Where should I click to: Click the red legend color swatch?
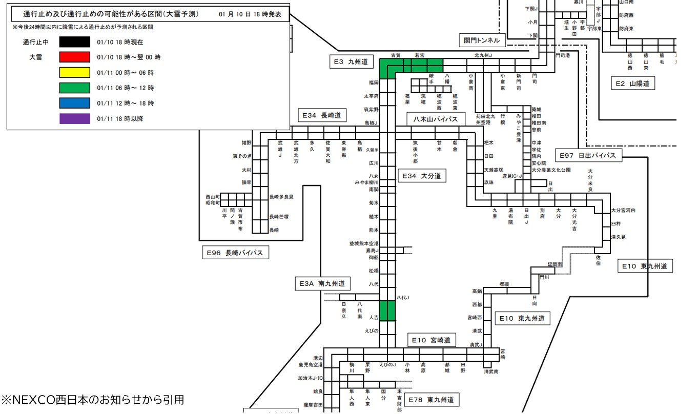click(x=75, y=57)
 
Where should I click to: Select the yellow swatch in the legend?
click(x=75, y=73)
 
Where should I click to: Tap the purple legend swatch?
click(x=75, y=119)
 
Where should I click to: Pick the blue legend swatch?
click(x=75, y=103)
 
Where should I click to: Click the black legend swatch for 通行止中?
click(x=75, y=42)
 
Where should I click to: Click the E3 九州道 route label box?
click(x=352, y=62)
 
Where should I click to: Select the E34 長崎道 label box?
click(x=321, y=115)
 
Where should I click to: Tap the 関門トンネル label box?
click(x=482, y=40)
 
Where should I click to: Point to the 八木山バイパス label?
click(x=436, y=119)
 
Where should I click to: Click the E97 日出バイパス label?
click(x=588, y=155)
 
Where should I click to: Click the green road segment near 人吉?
click(x=387, y=310)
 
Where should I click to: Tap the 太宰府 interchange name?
click(x=371, y=96)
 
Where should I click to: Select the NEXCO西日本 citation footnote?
click(x=92, y=399)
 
